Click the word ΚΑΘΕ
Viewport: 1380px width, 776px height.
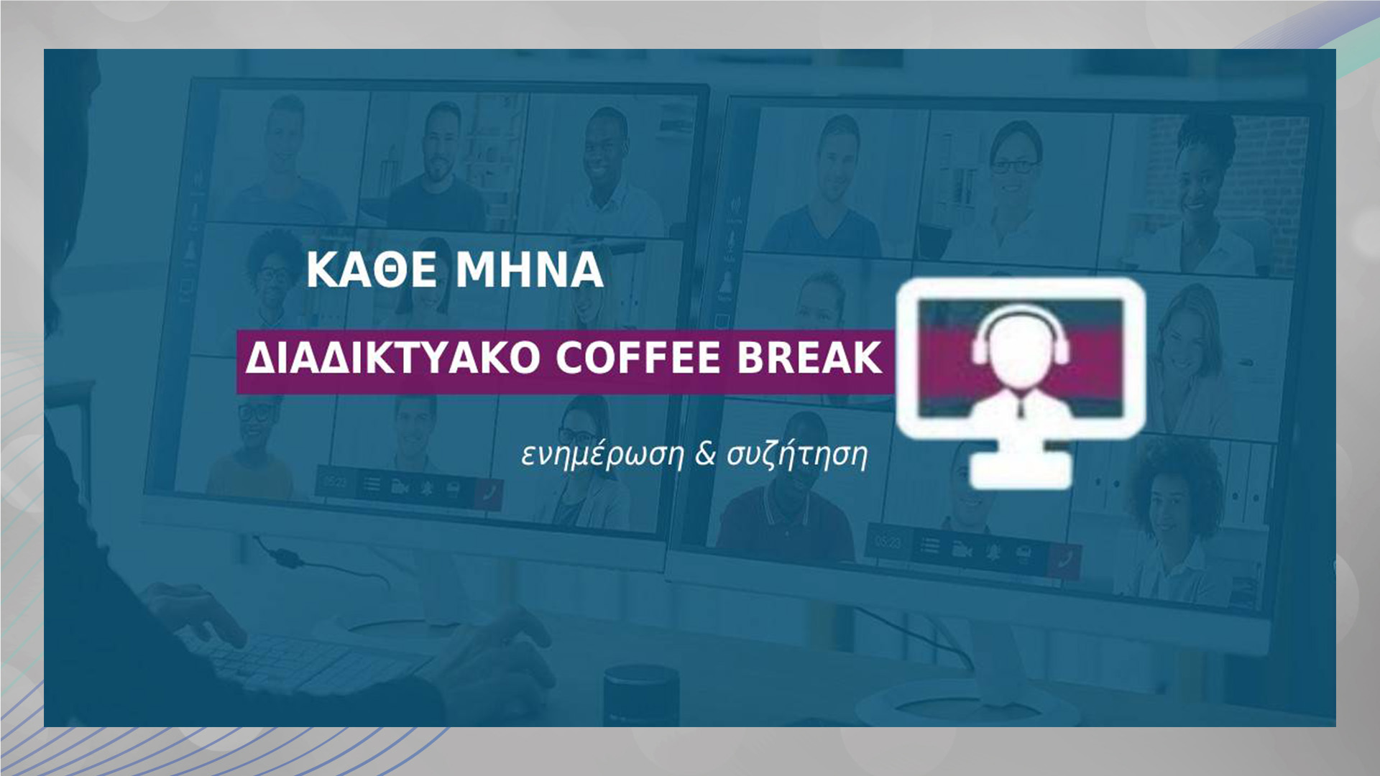(371, 270)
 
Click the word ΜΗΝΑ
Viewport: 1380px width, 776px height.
(530, 270)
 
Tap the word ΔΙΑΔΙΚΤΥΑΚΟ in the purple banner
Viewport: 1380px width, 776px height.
(392, 358)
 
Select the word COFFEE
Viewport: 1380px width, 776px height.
(638, 358)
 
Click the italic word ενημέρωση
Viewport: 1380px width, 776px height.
(602, 456)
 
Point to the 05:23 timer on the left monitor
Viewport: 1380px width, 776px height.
(334, 481)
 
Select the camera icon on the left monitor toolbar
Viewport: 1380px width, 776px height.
(400, 487)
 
